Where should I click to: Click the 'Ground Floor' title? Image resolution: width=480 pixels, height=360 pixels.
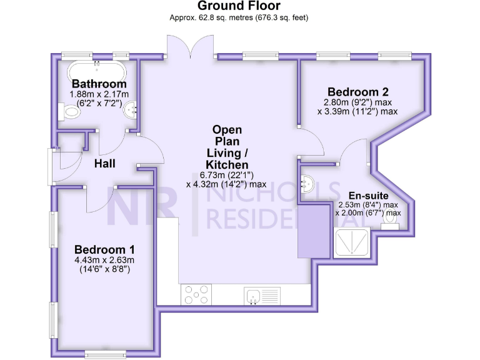[239, 6]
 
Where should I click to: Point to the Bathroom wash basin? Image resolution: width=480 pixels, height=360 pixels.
[132, 111]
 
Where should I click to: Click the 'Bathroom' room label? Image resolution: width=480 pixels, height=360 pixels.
[99, 84]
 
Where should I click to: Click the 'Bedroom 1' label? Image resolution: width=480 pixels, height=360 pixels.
[106, 247]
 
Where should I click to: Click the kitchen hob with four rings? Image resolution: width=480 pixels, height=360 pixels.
[196, 295]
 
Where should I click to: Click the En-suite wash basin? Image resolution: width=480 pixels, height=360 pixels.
[306, 183]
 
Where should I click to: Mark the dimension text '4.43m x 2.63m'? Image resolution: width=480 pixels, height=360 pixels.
[106, 260]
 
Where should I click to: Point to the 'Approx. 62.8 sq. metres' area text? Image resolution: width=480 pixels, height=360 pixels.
[212, 18]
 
